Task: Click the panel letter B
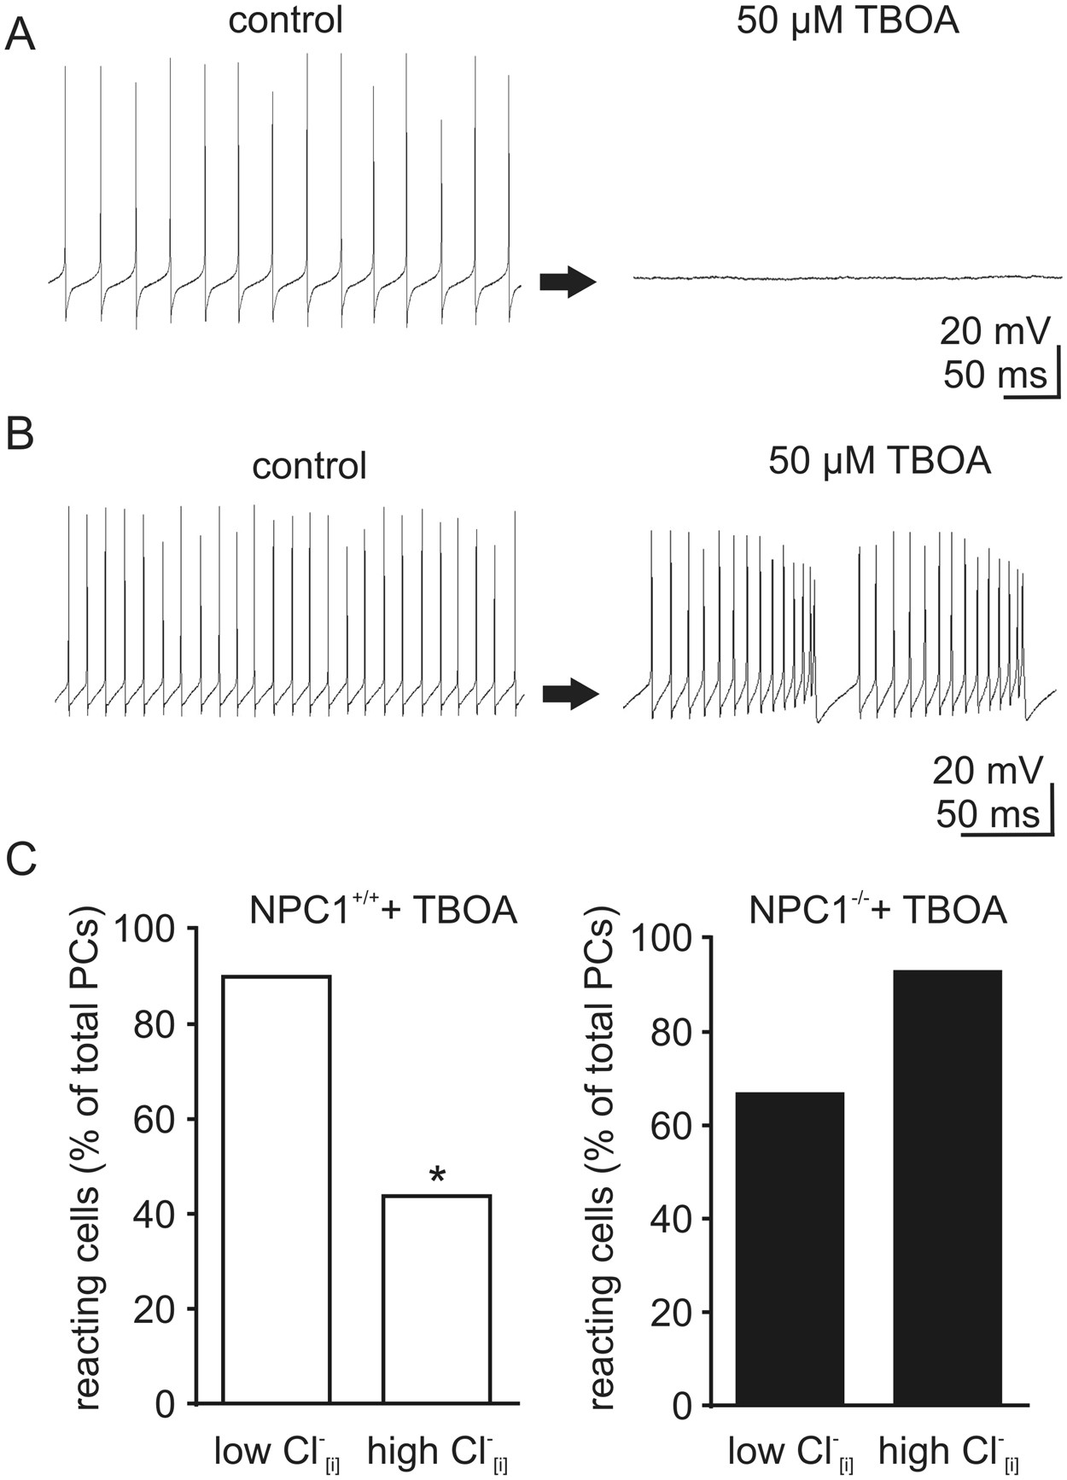point(20,433)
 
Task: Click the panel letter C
point(21,860)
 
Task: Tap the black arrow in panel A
point(567,282)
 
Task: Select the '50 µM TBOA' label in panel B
point(879,461)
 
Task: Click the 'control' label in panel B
point(309,466)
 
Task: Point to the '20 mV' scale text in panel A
point(994,330)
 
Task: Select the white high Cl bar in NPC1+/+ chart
point(436,1298)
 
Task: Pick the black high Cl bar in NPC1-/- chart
point(947,1186)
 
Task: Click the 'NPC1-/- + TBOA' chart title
point(877,910)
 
